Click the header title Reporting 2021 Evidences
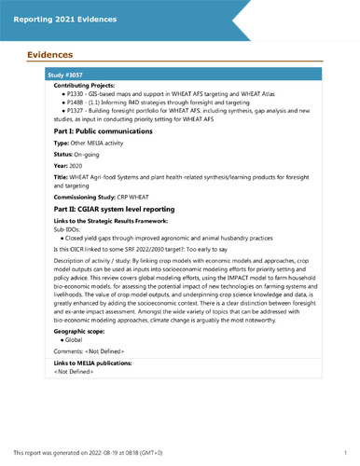[66, 19]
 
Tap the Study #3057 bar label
[67, 73]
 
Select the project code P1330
[73, 94]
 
